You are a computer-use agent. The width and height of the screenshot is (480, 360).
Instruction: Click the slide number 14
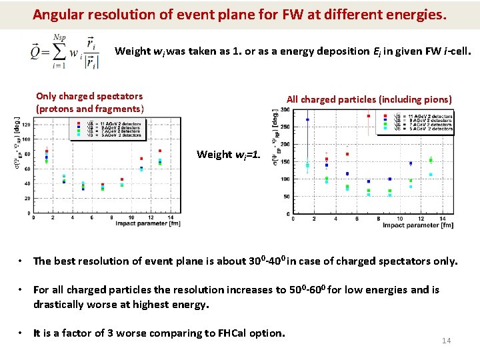(x=447, y=341)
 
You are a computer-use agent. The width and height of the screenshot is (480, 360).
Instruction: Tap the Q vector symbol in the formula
(x=35, y=51)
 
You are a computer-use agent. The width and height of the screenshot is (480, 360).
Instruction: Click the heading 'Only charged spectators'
(x=89, y=96)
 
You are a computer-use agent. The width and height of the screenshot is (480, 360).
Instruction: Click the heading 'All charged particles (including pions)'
(x=369, y=99)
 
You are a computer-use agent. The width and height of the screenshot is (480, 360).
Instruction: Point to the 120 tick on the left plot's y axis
(x=25, y=125)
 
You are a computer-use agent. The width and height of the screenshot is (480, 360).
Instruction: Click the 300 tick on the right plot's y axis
(x=283, y=109)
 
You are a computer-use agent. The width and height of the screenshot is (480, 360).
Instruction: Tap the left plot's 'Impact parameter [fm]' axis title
(x=148, y=223)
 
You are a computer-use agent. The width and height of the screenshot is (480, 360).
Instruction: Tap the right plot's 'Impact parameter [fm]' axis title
(x=418, y=225)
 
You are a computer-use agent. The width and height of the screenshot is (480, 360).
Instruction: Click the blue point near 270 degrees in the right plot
(x=307, y=120)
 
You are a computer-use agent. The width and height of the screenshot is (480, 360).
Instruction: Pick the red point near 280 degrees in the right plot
(x=368, y=116)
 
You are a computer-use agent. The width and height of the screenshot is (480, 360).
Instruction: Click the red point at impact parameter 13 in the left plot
(x=160, y=151)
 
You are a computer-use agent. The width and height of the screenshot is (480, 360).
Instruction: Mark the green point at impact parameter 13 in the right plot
(x=431, y=160)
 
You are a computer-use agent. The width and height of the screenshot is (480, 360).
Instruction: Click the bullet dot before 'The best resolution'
(x=22, y=261)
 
